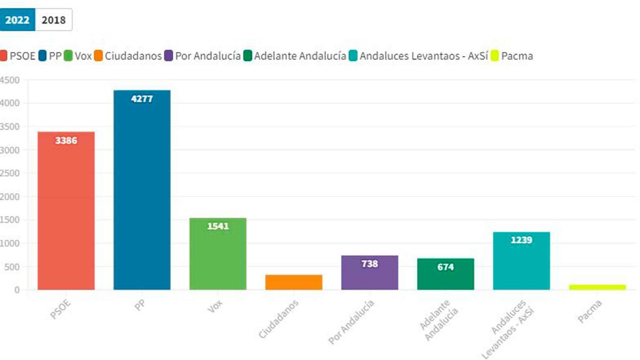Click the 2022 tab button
click(x=17, y=20)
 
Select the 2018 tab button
click(x=53, y=20)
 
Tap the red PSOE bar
click(x=66, y=213)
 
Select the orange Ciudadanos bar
click(x=294, y=282)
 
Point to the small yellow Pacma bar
click(x=597, y=287)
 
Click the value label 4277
click(x=142, y=99)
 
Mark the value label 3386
click(x=66, y=141)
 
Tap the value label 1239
click(x=521, y=240)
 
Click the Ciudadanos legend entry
click(x=128, y=56)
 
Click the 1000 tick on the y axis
click(x=10, y=243)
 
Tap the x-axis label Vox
click(x=216, y=309)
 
